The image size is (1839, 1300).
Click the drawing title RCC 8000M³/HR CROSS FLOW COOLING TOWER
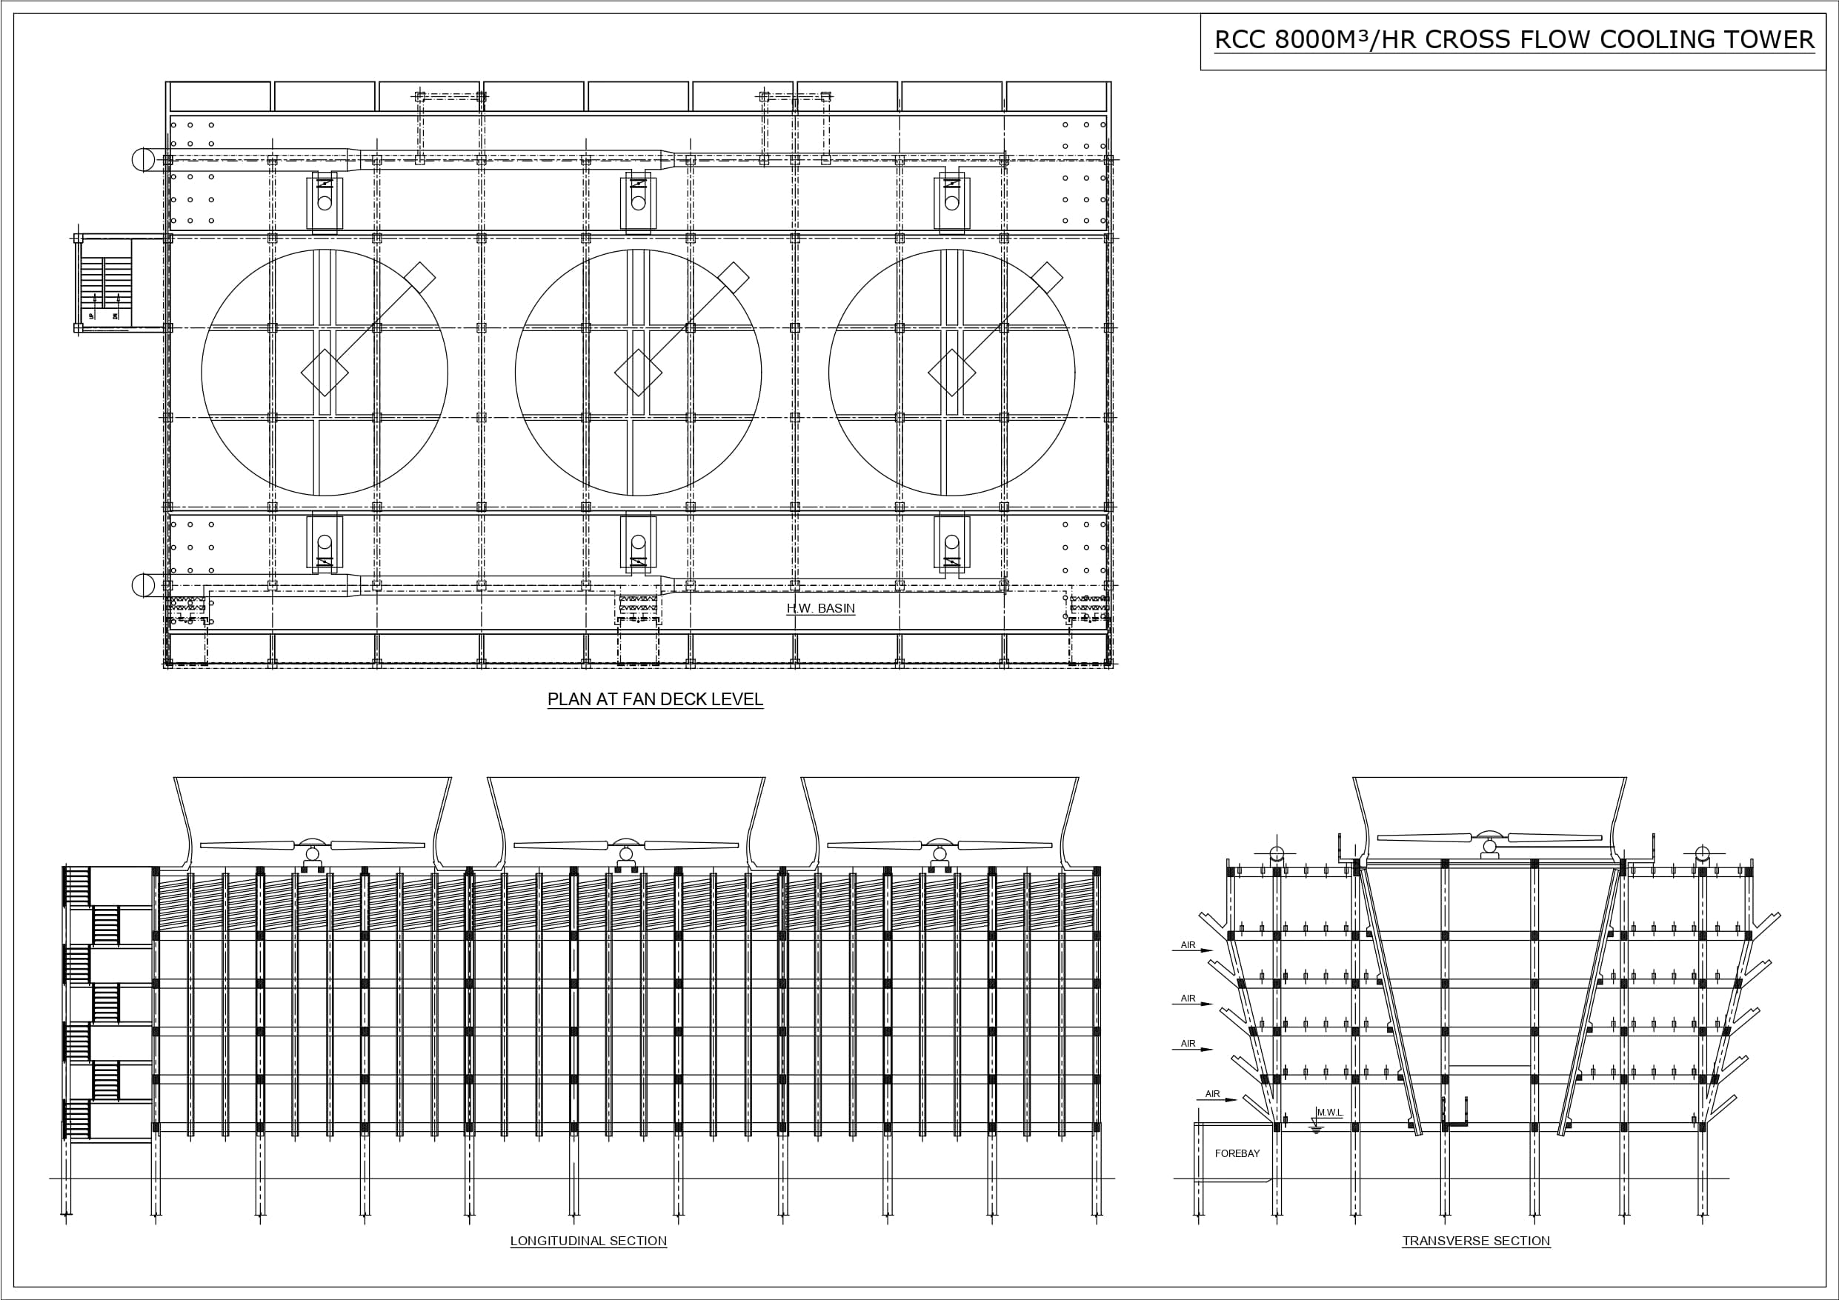pyautogui.click(x=1513, y=40)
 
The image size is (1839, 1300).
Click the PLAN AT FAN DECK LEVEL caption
pyautogui.click(x=654, y=699)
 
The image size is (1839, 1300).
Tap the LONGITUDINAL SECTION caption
pyautogui.click(x=588, y=1241)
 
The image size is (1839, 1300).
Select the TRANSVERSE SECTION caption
pyautogui.click(x=1475, y=1241)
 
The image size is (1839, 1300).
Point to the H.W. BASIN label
pyautogui.click(x=820, y=609)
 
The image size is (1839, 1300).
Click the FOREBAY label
pyautogui.click(x=1237, y=1153)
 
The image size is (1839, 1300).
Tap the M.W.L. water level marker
pyautogui.click(x=1328, y=1113)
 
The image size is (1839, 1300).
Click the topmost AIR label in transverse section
pyautogui.click(x=1188, y=945)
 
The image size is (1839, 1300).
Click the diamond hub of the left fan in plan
pyautogui.click(x=325, y=373)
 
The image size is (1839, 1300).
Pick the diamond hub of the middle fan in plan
pyautogui.click(x=639, y=373)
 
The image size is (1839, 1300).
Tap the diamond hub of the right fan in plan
pyautogui.click(x=951, y=373)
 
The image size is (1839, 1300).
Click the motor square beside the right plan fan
pyautogui.click(x=1047, y=277)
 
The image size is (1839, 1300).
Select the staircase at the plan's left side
pyautogui.click(x=106, y=284)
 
